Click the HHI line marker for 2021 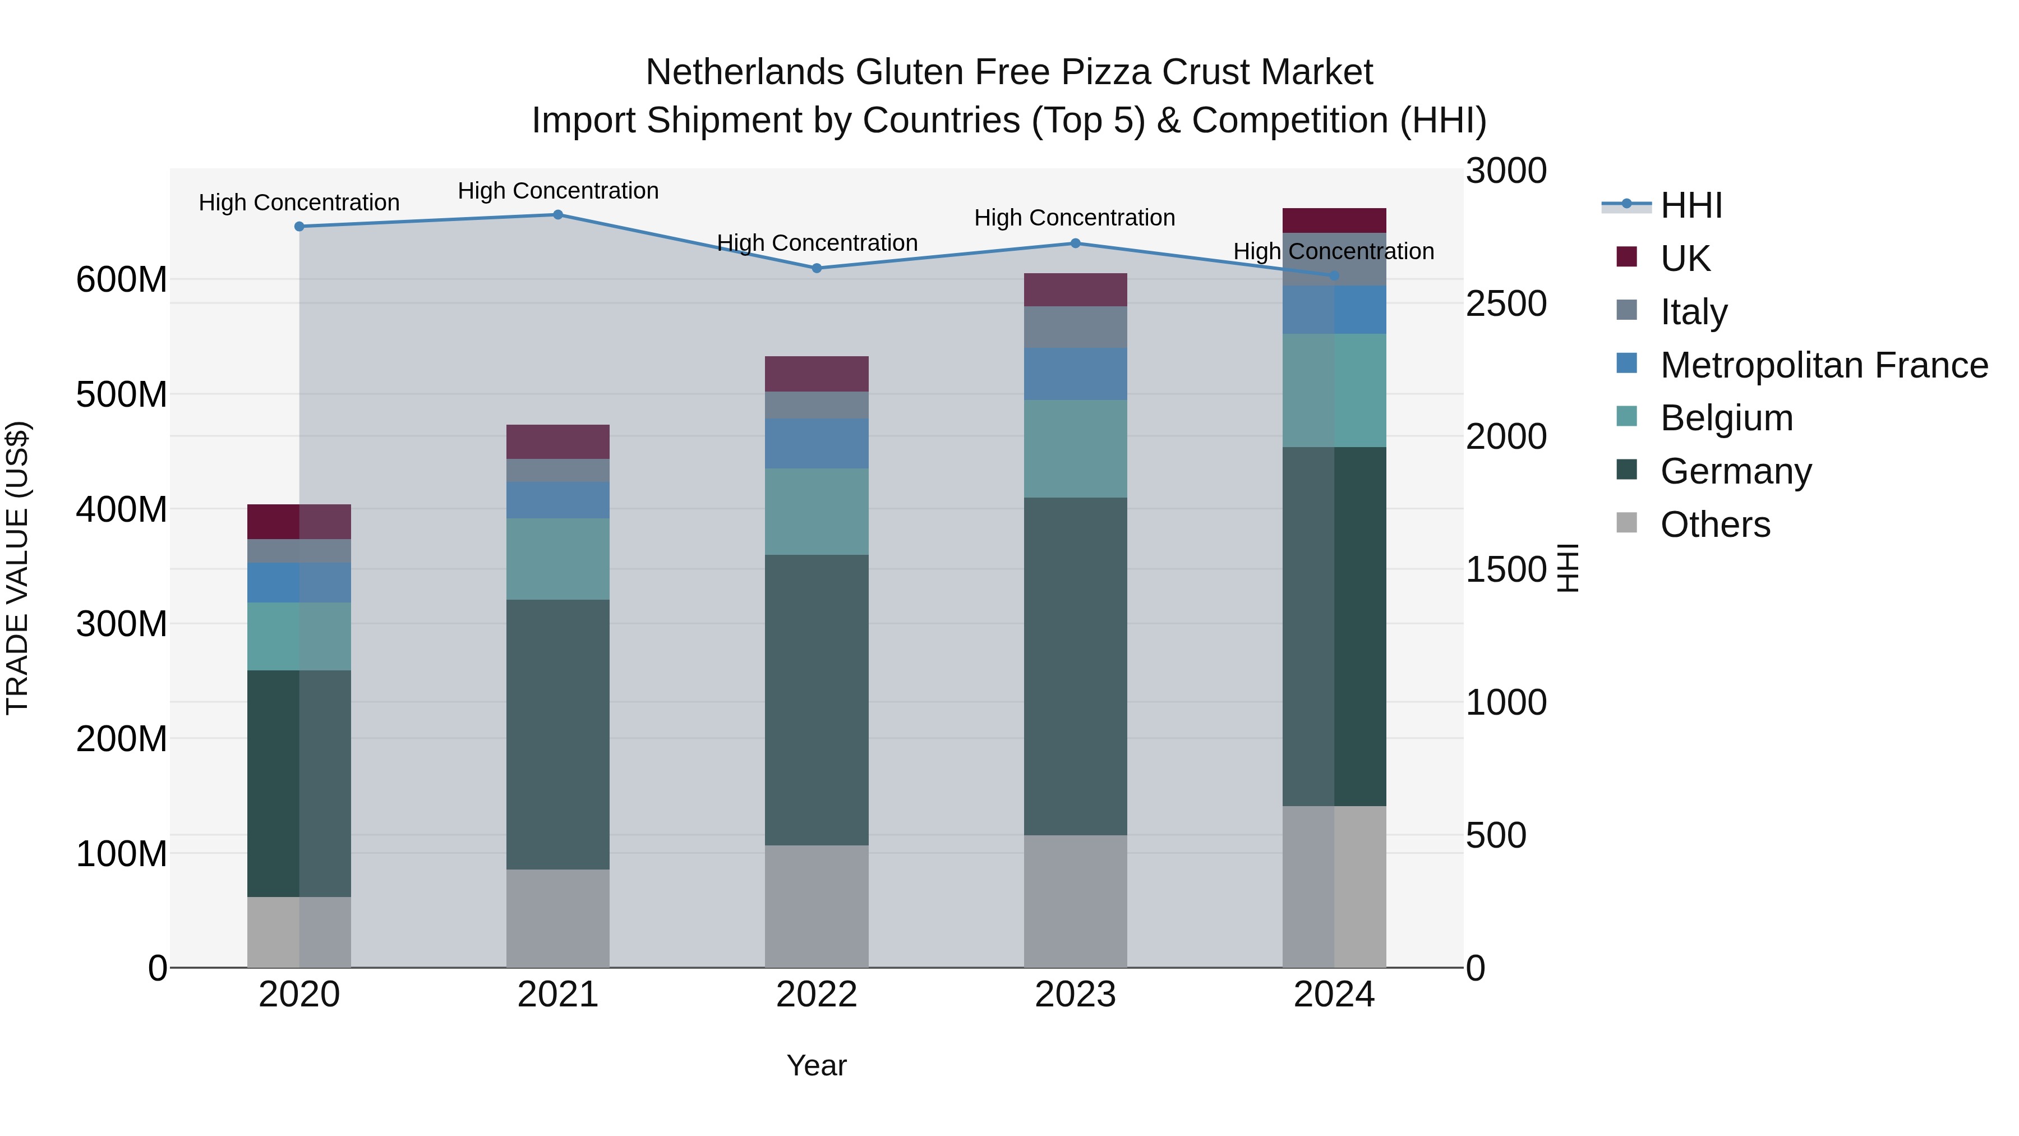[557, 215]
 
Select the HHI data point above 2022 [816, 268]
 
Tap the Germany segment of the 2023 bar [1075, 666]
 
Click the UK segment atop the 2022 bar [816, 374]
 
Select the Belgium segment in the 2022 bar [816, 512]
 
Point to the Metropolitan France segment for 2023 [1075, 374]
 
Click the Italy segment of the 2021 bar [557, 471]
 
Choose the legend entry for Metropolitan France [1823, 365]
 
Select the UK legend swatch [1626, 257]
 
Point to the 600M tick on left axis [122, 280]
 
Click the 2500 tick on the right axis [1506, 304]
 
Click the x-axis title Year [816, 1065]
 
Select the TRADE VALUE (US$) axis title [17, 568]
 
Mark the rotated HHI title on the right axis [1567, 568]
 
